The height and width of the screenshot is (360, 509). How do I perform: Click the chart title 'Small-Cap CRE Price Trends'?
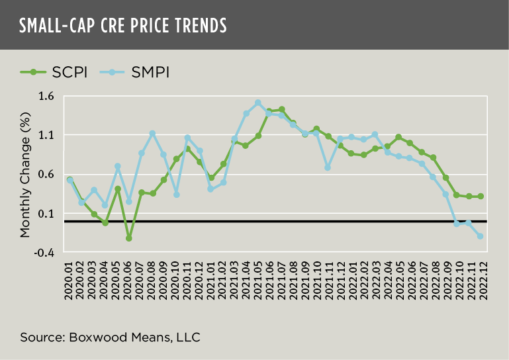(x=122, y=25)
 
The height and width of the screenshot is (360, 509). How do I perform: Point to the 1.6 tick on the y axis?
(x=50, y=97)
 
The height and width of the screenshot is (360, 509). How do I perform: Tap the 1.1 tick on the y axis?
(x=50, y=136)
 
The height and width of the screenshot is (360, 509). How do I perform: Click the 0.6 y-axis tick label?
(x=50, y=175)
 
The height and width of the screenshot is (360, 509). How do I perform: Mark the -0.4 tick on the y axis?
(x=49, y=253)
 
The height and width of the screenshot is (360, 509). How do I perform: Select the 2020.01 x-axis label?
(x=70, y=281)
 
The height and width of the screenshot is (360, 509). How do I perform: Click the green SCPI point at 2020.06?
(x=129, y=238)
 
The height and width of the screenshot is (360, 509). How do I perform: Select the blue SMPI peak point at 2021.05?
(x=258, y=103)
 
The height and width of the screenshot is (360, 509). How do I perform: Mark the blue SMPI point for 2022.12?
(x=480, y=236)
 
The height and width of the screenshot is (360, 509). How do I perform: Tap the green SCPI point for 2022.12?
(x=480, y=196)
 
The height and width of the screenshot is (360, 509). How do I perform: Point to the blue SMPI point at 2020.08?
(x=153, y=134)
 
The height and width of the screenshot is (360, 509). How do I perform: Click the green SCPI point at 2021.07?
(x=282, y=109)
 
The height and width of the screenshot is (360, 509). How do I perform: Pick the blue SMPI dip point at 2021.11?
(x=328, y=168)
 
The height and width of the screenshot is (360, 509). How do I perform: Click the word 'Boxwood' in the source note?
(x=90, y=337)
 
